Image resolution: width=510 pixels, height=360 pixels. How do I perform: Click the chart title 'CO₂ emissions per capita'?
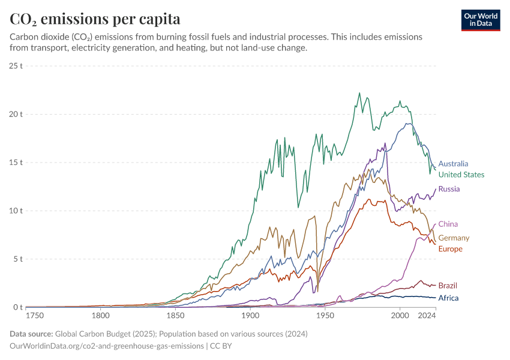[95, 19]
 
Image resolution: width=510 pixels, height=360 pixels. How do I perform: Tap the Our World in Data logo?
[480, 20]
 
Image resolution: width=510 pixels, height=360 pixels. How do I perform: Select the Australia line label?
[453, 164]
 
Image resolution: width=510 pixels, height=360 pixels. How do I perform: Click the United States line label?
[461, 175]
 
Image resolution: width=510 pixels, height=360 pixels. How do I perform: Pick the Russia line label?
[449, 189]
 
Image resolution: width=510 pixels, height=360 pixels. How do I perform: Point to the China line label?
[448, 224]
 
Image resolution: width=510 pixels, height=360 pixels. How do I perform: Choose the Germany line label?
[454, 238]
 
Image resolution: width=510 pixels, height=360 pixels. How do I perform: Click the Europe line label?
[450, 249]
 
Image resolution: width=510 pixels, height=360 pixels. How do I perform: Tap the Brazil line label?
[448, 286]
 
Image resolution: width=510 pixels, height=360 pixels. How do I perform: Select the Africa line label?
[448, 298]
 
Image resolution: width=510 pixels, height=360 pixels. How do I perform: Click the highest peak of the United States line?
[359, 93]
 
